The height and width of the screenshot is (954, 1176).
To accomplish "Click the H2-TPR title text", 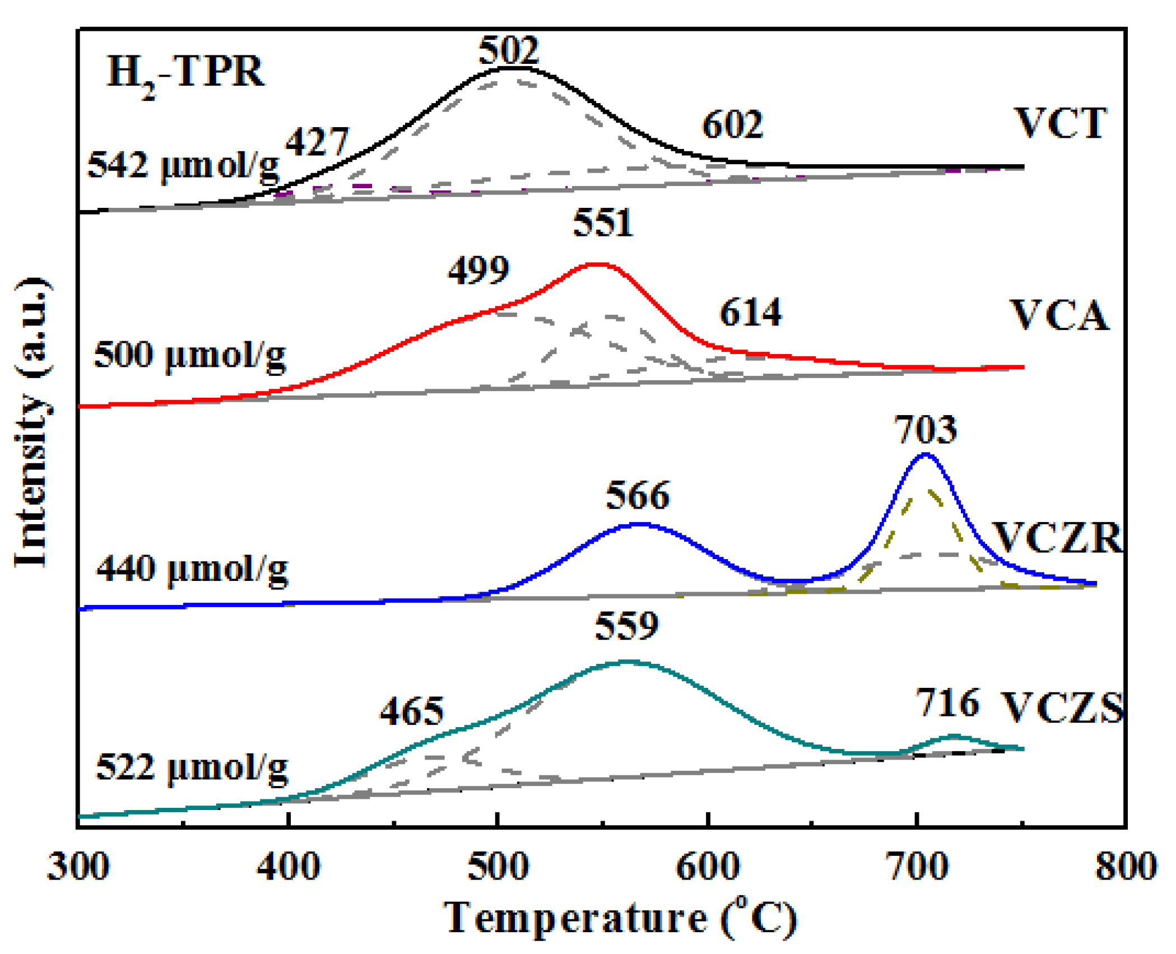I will click(185, 73).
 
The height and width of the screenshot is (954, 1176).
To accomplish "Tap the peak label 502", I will click(508, 50).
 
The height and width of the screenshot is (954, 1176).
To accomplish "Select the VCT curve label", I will click(1060, 123).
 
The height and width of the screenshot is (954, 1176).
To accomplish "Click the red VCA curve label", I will click(1059, 316).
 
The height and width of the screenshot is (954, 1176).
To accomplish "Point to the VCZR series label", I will click(1057, 538).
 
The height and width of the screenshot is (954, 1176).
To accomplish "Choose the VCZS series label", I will click(1062, 707).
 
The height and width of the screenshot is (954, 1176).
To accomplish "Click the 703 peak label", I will click(925, 430).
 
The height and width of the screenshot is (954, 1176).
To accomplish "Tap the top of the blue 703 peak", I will click(926, 454).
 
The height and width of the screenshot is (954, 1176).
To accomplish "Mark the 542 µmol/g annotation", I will click(183, 165).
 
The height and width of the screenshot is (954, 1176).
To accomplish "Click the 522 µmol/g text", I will click(192, 767).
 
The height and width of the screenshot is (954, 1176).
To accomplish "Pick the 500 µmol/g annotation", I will click(189, 355).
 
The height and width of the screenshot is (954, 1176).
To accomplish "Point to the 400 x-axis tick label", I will click(289, 867).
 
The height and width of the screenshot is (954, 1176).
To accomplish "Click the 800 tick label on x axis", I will click(1126, 867).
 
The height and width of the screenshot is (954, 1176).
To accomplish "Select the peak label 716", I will click(947, 702).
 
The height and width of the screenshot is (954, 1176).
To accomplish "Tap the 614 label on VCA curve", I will click(750, 313).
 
